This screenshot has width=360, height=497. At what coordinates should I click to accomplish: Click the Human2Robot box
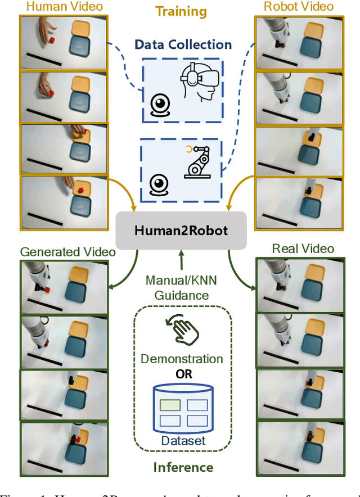(181, 230)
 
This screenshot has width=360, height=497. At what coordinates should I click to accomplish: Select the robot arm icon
(199, 164)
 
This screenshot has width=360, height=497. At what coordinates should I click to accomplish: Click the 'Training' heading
(181, 12)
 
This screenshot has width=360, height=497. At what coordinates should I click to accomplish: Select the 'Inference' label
(183, 467)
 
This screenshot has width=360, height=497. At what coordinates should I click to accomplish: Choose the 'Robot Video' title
(299, 7)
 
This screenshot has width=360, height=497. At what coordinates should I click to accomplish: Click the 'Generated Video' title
(67, 251)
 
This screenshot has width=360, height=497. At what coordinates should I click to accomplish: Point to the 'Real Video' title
(303, 248)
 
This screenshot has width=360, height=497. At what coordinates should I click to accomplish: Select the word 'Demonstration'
(182, 359)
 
